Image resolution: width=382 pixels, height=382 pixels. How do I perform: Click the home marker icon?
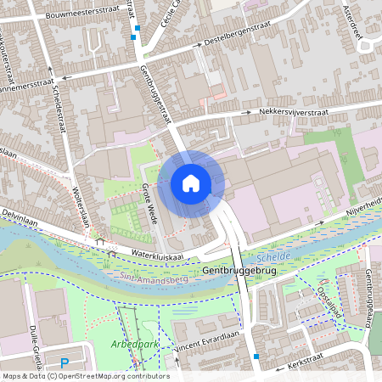pyautogui.click(x=191, y=183)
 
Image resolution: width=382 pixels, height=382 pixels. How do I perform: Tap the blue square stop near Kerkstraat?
pyautogui.click(x=256, y=357)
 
